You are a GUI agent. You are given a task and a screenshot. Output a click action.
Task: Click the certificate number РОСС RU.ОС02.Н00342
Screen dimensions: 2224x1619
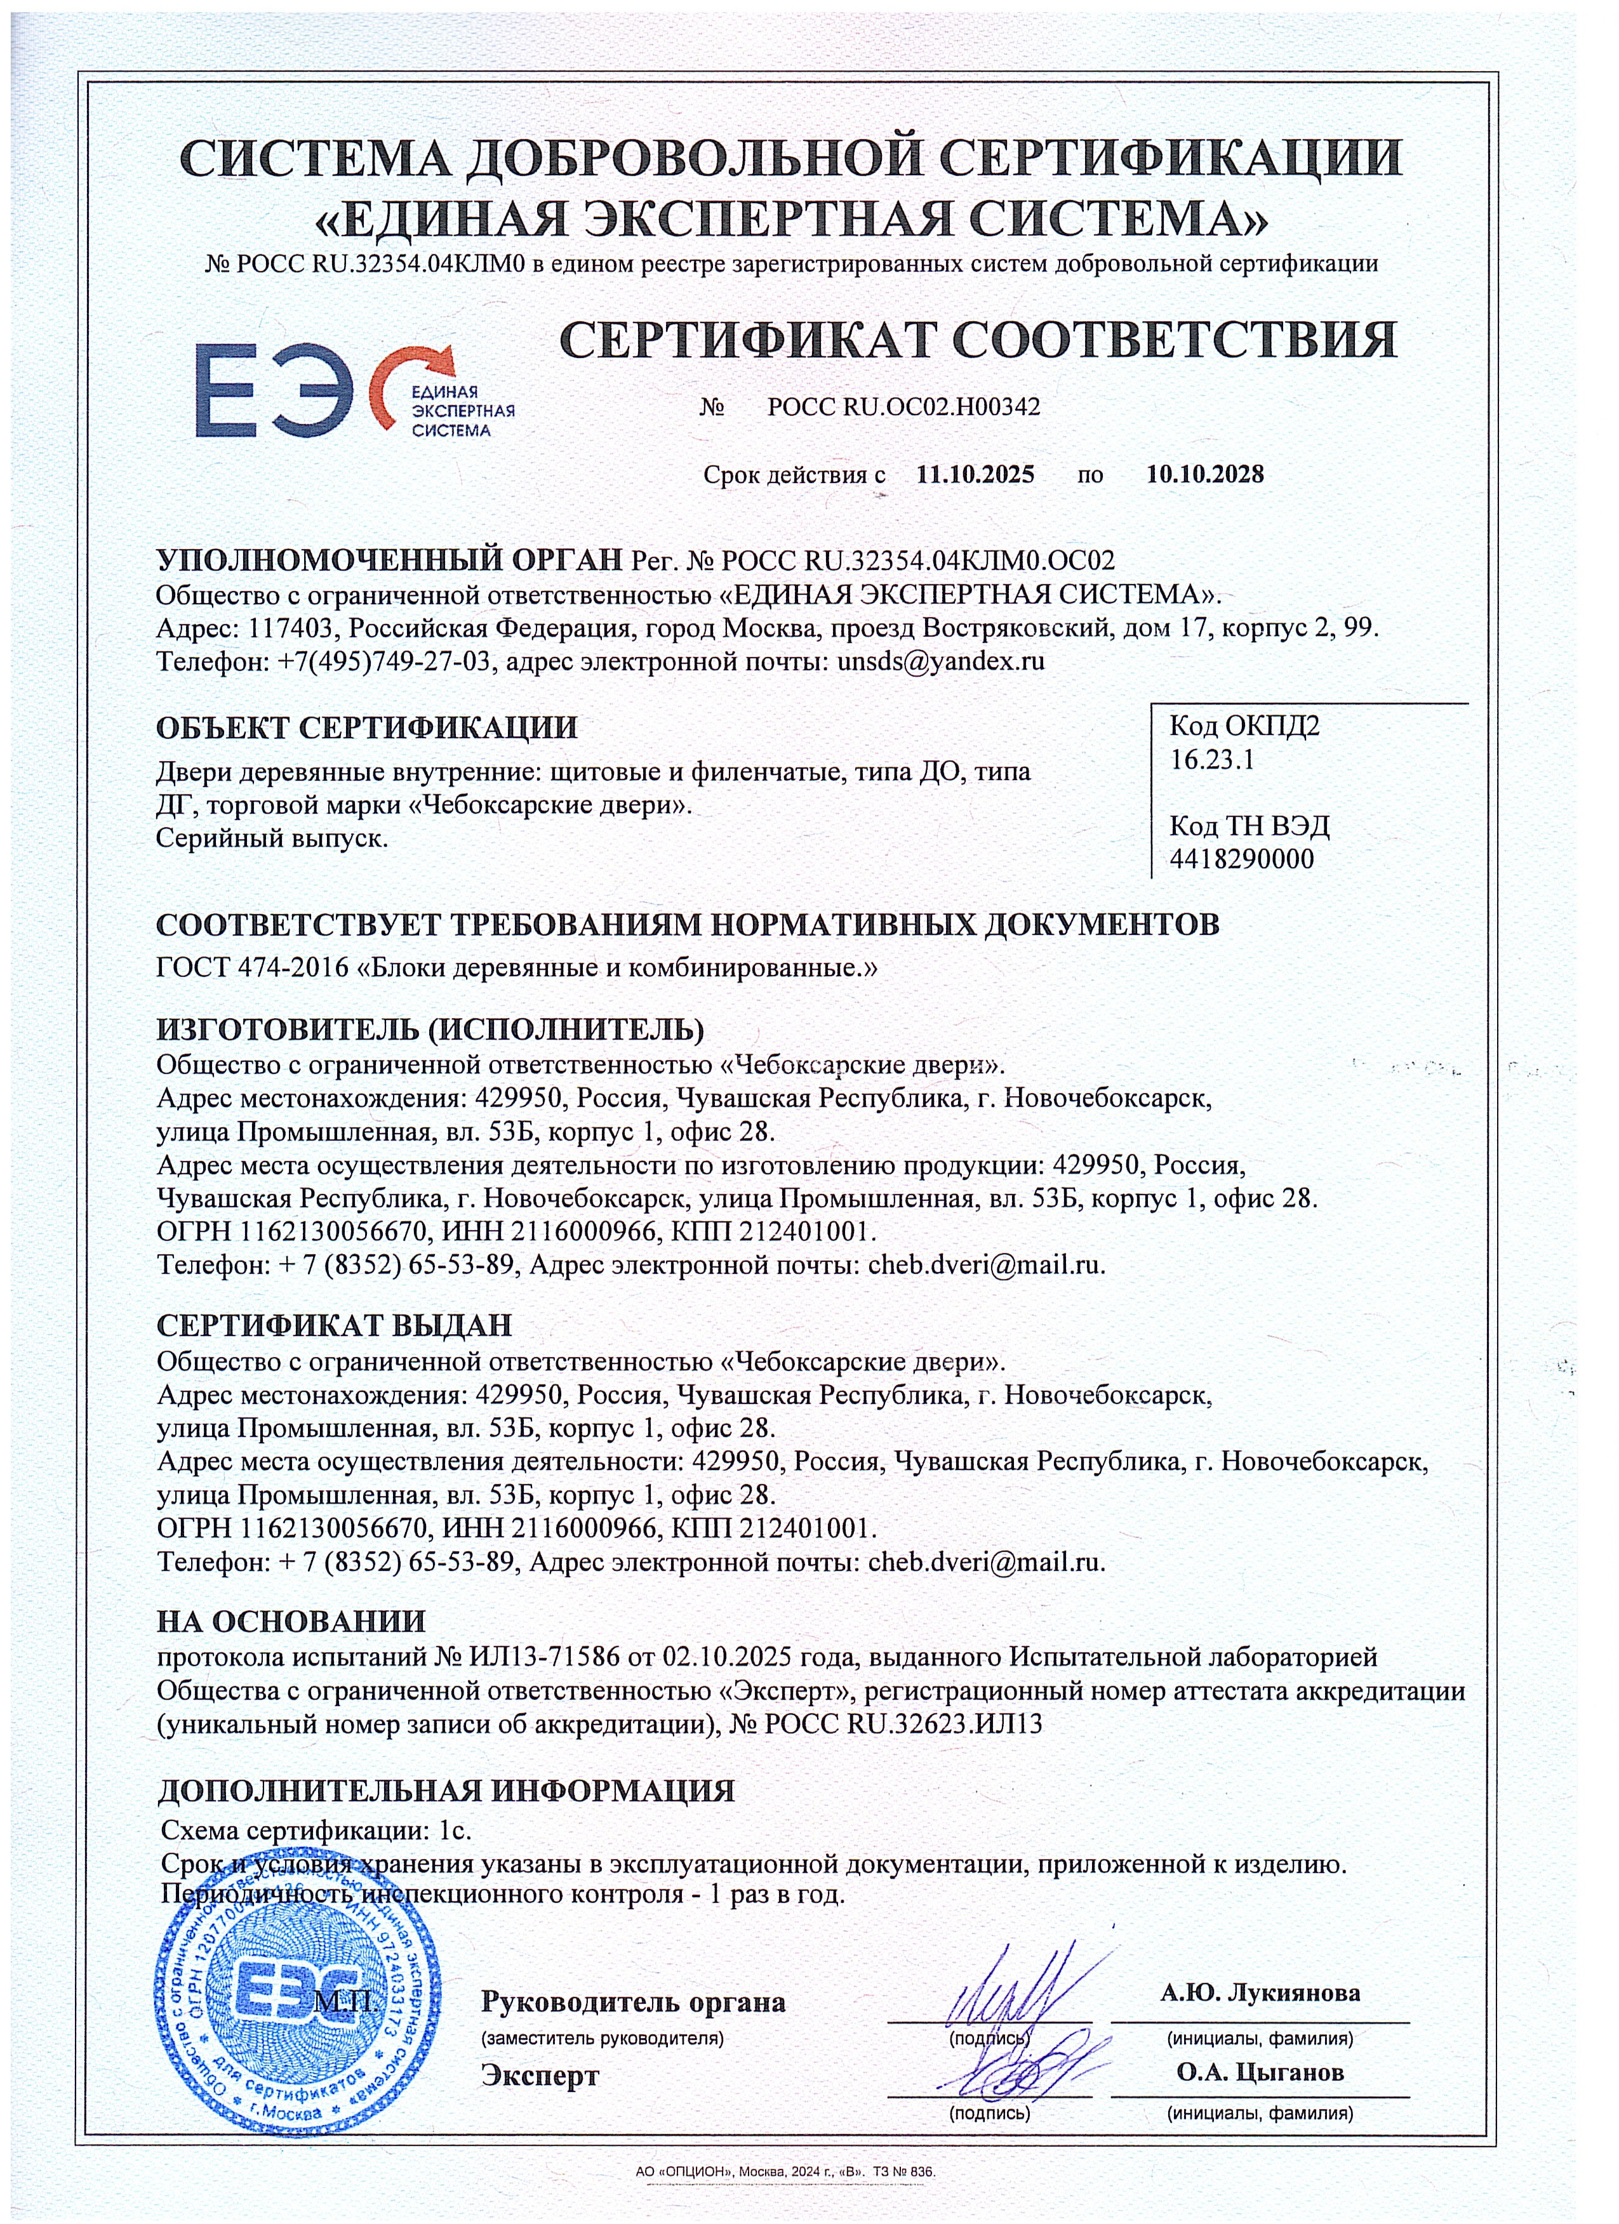pyautogui.click(x=903, y=406)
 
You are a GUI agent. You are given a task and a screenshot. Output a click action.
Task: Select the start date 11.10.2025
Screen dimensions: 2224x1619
pyautogui.click(x=975, y=475)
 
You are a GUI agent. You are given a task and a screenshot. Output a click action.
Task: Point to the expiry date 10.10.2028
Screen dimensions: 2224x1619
pyautogui.click(x=1204, y=475)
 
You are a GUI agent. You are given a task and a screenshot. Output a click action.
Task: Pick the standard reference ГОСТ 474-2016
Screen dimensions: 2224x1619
pyautogui.click(x=253, y=969)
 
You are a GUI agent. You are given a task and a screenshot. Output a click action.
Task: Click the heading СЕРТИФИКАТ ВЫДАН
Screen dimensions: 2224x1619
pyautogui.click(x=335, y=1326)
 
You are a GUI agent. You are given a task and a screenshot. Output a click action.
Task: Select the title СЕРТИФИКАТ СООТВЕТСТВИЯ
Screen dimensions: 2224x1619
pyautogui.click(x=978, y=340)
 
